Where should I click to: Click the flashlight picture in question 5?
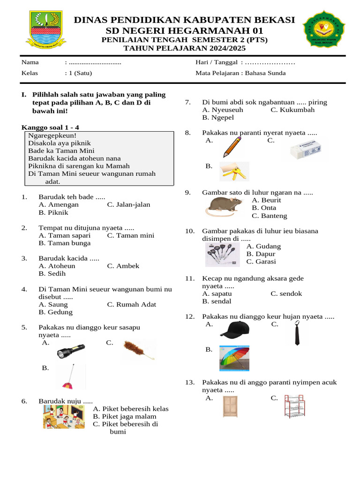click(71, 351)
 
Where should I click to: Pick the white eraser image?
click(307, 149)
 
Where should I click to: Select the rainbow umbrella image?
click(234, 358)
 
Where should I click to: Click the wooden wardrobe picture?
click(230, 406)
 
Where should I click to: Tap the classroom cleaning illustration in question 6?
click(64, 417)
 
